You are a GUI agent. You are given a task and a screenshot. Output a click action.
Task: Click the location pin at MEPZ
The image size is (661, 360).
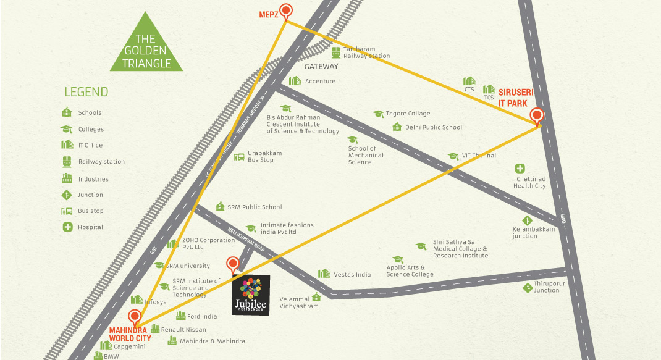285,10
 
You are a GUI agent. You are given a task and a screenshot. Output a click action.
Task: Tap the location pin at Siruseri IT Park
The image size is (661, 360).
537,115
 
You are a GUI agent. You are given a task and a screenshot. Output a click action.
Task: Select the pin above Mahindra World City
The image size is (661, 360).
134,316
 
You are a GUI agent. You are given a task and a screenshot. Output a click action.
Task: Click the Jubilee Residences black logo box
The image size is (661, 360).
251,295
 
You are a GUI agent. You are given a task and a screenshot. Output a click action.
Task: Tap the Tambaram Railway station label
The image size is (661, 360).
366,52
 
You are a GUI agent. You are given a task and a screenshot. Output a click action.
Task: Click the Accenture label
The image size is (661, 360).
320,81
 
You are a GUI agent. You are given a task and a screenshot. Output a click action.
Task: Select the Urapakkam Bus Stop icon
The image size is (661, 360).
239,157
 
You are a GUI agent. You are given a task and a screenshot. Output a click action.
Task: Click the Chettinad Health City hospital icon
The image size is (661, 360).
520,169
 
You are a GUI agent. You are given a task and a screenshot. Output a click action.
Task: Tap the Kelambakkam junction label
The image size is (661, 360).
533,232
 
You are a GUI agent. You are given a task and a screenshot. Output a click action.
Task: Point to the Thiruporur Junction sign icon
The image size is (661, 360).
527,286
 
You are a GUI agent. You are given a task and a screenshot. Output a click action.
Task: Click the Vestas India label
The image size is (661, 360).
352,274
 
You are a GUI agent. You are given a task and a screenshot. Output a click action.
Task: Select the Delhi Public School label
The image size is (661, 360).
433,127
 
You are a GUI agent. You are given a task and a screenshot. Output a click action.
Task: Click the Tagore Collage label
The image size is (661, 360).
408,114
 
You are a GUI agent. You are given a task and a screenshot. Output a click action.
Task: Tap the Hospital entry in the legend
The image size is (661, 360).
90,227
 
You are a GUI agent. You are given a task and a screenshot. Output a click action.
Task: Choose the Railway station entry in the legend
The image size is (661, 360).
101,162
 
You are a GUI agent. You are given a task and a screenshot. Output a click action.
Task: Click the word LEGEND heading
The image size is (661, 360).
86,93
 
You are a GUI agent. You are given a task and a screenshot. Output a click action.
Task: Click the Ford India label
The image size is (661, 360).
203,316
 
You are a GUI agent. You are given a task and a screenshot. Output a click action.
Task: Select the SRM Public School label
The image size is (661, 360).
254,207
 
